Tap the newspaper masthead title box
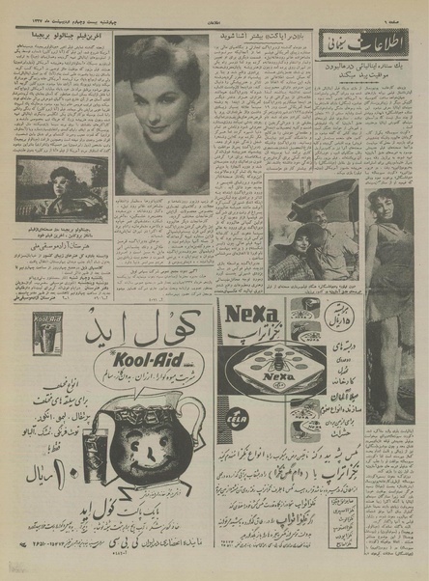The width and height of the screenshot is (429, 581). pos(364,43)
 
